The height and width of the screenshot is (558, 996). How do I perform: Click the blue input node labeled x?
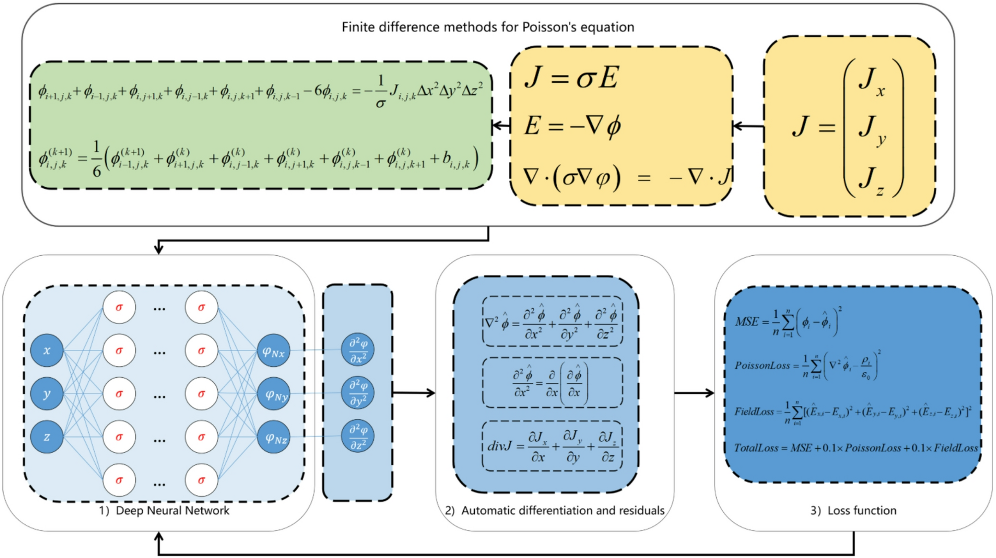[x=47, y=350]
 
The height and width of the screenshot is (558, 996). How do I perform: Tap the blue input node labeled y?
[x=47, y=394]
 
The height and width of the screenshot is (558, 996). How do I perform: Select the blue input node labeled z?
[x=47, y=437]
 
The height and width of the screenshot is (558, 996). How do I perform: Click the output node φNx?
[x=273, y=351]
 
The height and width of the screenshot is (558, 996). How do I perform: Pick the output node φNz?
[x=274, y=437]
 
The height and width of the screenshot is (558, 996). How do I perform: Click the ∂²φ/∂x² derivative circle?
[x=358, y=350]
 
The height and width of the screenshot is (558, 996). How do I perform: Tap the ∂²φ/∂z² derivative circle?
[x=358, y=436]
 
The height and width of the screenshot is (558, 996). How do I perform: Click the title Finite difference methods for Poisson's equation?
[x=488, y=27]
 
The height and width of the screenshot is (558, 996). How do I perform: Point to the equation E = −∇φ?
[x=572, y=126]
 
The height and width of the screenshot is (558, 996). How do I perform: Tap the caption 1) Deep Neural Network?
[x=164, y=510]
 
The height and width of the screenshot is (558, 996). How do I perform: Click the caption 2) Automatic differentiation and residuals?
[x=555, y=510]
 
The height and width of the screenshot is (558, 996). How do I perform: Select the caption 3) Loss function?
[x=853, y=510]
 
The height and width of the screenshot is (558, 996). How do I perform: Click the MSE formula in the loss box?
[x=788, y=322]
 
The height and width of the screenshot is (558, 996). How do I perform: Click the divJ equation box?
[x=552, y=446]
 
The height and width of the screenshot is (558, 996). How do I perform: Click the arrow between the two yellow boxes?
[x=748, y=127]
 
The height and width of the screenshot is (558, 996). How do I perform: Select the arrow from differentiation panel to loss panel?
[x=694, y=393]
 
